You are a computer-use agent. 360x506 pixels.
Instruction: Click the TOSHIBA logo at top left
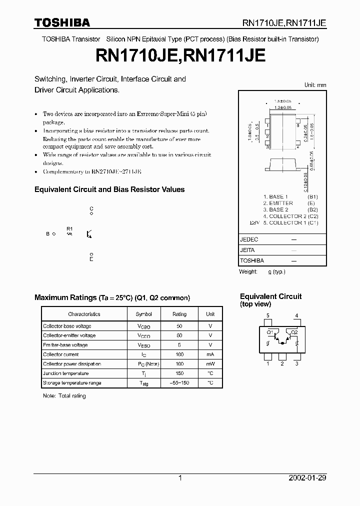pyautogui.click(x=62, y=22)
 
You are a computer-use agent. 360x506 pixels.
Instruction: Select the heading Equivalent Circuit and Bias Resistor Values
pyautogui.click(x=109, y=189)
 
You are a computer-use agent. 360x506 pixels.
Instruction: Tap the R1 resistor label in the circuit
pyautogui.click(x=69, y=228)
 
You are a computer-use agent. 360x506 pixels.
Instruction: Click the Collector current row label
pyautogui.click(x=60, y=354)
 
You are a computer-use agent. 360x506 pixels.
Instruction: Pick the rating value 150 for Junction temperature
pyautogui.click(x=179, y=373)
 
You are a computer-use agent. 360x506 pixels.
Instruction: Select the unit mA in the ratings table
pyautogui.click(x=210, y=354)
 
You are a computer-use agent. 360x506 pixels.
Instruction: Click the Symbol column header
pyautogui.click(x=143, y=314)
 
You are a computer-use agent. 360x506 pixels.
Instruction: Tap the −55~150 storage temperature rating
pyautogui.click(x=179, y=383)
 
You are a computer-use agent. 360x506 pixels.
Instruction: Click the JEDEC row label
pyautogui.click(x=249, y=239)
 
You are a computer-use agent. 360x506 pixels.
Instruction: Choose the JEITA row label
pyautogui.click(x=247, y=250)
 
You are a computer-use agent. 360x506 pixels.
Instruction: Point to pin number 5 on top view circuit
pyautogui.click(x=268, y=315)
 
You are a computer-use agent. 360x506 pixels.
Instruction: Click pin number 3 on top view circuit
pyautogui.click(x=296, y=363)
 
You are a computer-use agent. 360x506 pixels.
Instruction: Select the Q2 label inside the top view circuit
pyautogui.click(x=294, y=332)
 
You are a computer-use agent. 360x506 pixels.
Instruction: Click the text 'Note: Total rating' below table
pyautogui.click(x=64, y=396)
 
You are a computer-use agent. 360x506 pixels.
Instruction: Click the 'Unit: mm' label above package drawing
pyautogui.click(x=315, y=85)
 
